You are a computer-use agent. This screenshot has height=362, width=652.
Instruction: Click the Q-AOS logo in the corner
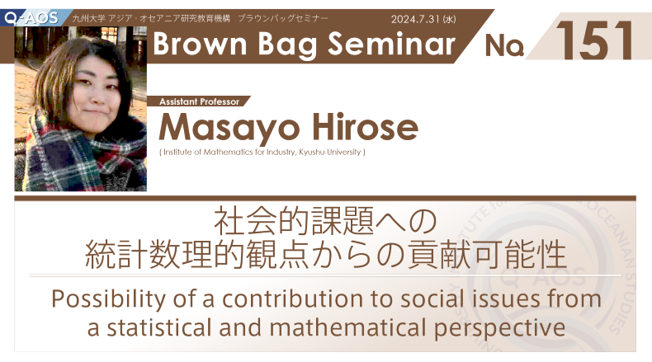point(31,17)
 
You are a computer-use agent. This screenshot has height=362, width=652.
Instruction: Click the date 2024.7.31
point(415,19)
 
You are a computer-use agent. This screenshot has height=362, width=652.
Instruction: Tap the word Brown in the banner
point(200,44)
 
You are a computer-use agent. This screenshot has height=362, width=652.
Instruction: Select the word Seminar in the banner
point(391,44)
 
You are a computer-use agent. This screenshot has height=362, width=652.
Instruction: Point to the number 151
point(593,40)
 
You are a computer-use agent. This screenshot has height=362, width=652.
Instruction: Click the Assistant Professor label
point(199,101)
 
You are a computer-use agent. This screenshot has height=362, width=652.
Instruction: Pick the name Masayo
point(229,128)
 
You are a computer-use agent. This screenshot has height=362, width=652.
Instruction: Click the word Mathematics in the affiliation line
point(228,152)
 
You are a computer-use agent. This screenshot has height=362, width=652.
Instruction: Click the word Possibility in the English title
point(108,299)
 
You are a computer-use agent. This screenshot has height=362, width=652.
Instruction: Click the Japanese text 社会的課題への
point(325,221)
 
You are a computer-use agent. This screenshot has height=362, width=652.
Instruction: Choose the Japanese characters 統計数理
point(149,254)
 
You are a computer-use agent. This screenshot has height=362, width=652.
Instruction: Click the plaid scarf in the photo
point(81,157)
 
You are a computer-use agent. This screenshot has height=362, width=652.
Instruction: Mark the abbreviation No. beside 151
point(504,45)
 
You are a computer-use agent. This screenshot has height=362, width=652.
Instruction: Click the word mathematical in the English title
point(347,327)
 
